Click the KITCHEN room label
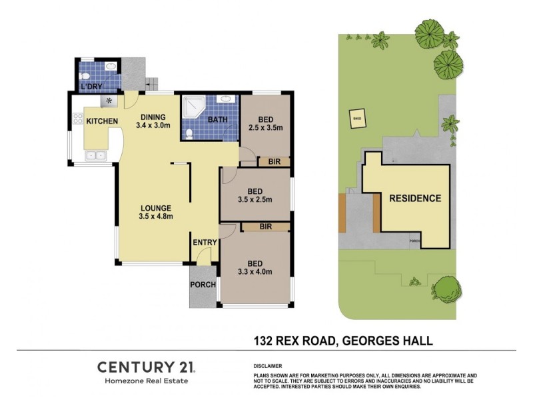(102, 121)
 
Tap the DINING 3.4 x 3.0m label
(154, 121)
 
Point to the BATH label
(218, 120)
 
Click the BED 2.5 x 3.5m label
(265, 123)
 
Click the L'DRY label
(90, 87)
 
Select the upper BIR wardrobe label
(273, 161)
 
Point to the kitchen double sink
(94, 156)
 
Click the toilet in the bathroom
(189, 133)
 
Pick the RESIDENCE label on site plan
(415, 198)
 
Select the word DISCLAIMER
(268, 367)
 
